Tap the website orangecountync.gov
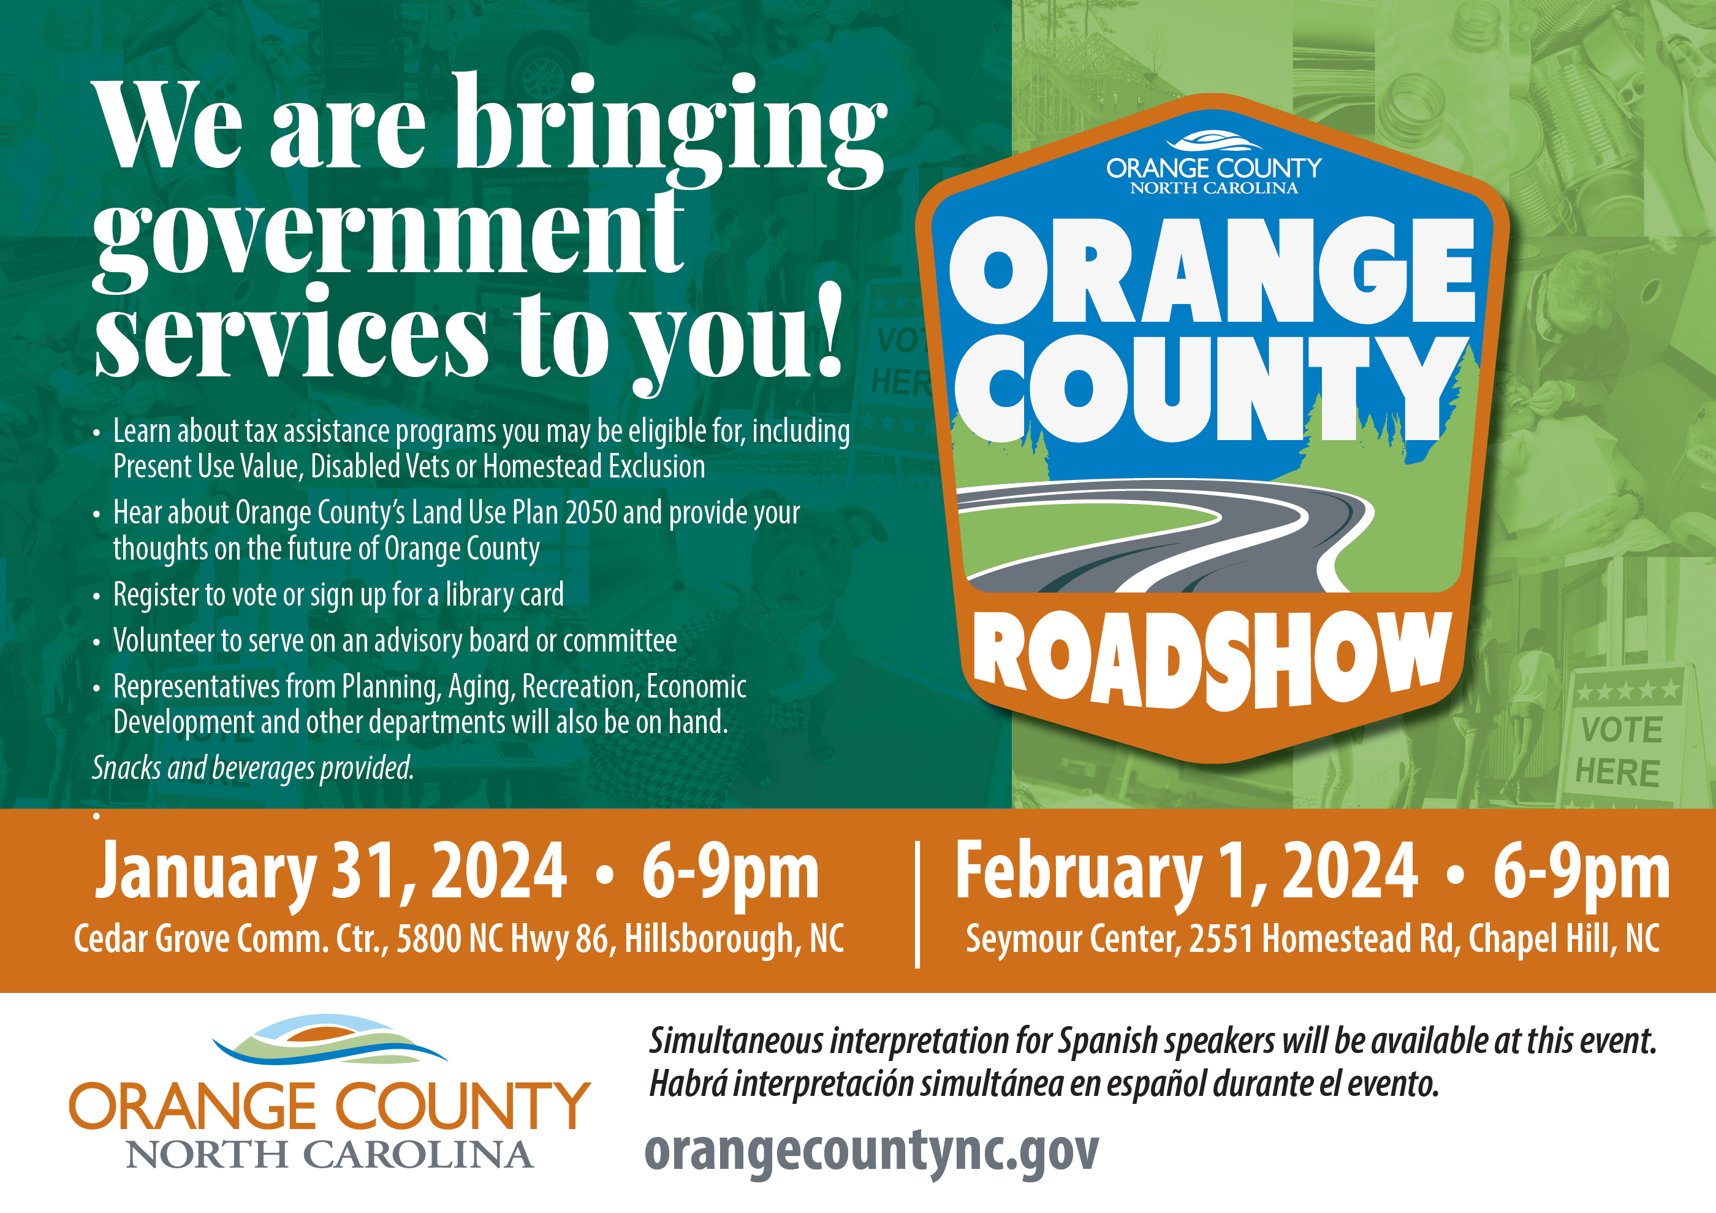[871, 1151]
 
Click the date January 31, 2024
[330, 872]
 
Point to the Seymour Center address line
[1312, 940]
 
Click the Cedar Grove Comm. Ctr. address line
[459, 940]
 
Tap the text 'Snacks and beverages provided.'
[252, 768]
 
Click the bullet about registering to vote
[338, 596]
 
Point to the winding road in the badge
[1166, 534]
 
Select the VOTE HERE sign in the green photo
[1620, 736]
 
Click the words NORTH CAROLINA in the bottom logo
[329, 1155]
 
